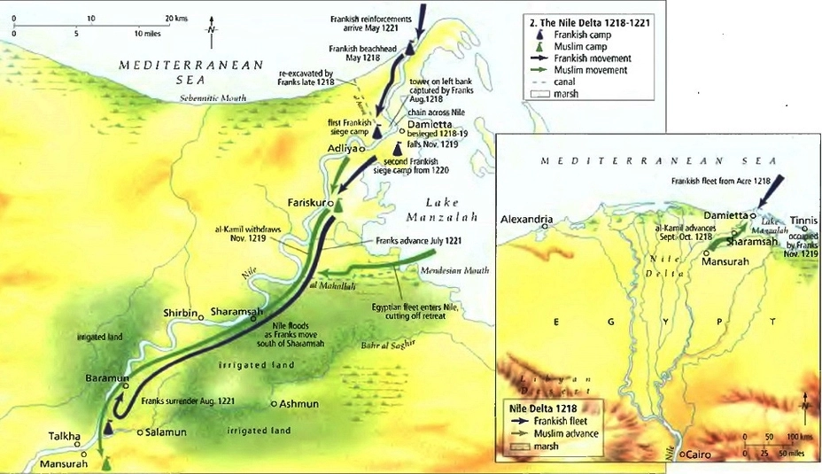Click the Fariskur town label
301,202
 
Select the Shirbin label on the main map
181,313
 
